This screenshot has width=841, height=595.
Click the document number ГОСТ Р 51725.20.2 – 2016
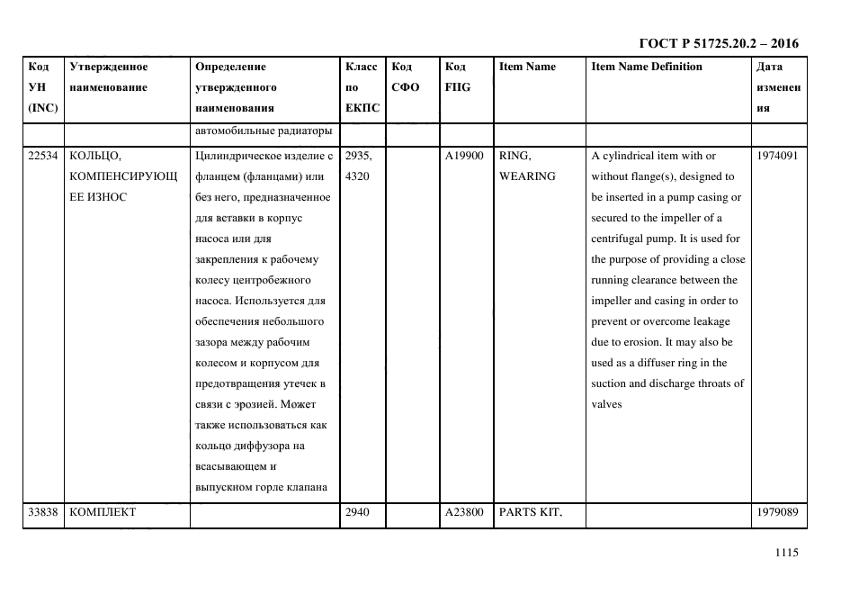[718, 43]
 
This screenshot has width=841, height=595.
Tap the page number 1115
[786, 554]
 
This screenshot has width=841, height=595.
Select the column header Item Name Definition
[647, 67]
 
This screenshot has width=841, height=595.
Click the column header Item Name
[527, 67]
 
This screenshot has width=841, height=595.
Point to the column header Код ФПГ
[457, 77]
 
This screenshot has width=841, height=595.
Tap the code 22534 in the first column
[43, 156]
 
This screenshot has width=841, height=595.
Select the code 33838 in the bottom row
[43, 512]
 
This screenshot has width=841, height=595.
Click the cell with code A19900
[464, 156]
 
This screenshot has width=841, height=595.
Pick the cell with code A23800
[464, 512]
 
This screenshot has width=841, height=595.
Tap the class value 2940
[358, 512]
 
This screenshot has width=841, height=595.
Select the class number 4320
[358, 176]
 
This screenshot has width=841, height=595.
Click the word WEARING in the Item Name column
[527, 176]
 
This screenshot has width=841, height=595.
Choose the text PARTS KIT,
[530, 512]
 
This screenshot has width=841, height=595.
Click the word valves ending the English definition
[606, 404]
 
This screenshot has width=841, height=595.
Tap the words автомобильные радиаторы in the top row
[264, 131]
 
